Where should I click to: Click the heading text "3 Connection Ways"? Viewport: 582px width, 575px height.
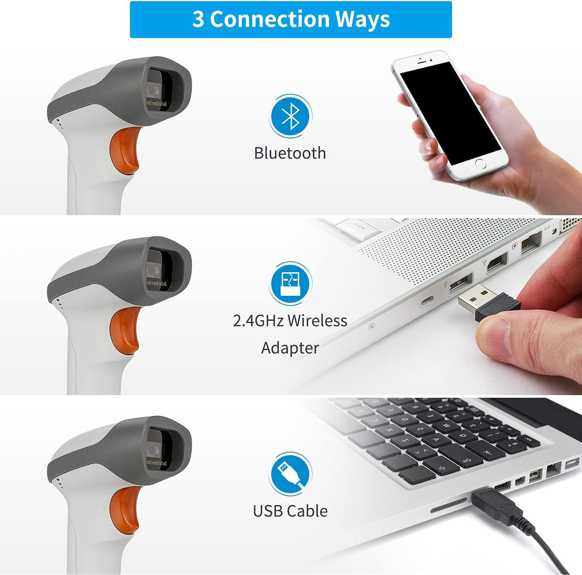click(290, 19)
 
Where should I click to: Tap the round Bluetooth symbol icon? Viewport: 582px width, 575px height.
click(290, 116)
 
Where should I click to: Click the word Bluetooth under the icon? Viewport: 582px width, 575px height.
click(290, 153)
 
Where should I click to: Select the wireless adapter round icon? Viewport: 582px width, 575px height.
click(290, 284)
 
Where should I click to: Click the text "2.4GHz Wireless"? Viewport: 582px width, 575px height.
click(290, 320)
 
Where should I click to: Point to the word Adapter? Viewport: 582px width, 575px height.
click(290, 348)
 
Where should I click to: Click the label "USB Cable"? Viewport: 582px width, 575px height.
click(290, 511)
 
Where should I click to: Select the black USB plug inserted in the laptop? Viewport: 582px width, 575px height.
click(494, 505)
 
